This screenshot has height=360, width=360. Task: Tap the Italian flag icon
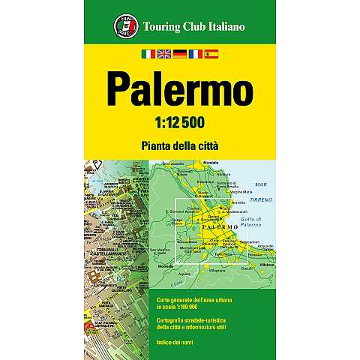tap(148, 54)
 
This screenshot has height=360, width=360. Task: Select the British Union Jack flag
tap(163, 54)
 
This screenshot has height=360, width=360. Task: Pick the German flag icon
tap(179, 54)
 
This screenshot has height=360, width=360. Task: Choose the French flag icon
tap(195, 54)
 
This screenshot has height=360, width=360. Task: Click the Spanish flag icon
tap(211, 54)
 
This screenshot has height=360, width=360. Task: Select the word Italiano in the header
tap(220, 28)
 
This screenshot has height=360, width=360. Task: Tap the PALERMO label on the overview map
tap(221, 226)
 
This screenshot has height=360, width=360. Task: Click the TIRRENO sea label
tap(261, 199)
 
